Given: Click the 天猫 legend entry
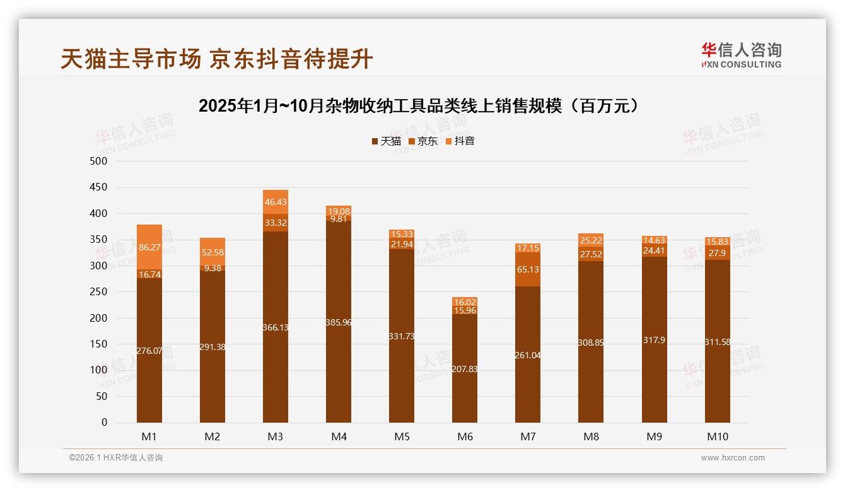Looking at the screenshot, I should pos(386,141).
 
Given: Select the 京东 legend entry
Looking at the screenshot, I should pos(423,141).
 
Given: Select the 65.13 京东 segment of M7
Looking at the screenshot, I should pos(528,269).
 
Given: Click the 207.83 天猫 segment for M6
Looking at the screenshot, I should pos(465,369).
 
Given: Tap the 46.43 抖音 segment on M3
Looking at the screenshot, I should pos(276,202).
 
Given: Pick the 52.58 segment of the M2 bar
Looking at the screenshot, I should pos(213,252).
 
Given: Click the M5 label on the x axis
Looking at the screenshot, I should pos(402,436).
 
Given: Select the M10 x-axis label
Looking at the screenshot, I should pos(717,436).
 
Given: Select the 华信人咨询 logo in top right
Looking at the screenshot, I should pos(741,55).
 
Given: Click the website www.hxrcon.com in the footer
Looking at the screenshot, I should pos(733,458).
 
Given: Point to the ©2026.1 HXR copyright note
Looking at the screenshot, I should pos(116,458).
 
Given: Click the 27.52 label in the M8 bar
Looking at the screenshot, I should pos(591,254).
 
